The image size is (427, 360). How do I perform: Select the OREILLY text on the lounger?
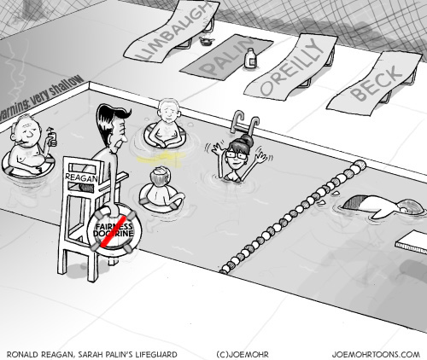click(x=293, y=67)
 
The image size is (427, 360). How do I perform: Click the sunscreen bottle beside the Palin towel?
click(x=251, y=58)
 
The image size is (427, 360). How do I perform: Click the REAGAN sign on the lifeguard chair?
click(x=81, y=177)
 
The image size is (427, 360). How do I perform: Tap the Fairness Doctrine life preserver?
click(x=114, y=231)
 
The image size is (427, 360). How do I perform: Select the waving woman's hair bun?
click(x=247, y=139)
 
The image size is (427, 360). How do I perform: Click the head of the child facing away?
click(x=159, y=177)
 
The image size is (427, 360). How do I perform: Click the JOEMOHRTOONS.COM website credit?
click(x=376, y=355)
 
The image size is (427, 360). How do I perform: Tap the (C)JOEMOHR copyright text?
click(x=243, y=355)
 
